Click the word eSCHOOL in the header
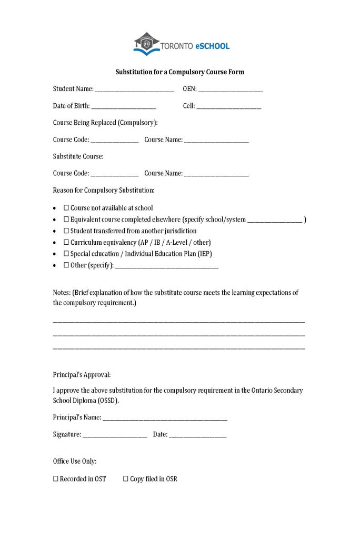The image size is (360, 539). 212,46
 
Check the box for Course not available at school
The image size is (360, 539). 66,208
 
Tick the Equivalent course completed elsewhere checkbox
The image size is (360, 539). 66,219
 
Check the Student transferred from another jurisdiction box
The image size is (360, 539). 66,231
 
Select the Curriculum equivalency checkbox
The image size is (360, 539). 66,243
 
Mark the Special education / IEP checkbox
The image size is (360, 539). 66,254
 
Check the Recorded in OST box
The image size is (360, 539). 56,479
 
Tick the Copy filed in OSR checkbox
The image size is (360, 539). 126,479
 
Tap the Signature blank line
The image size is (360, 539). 115,435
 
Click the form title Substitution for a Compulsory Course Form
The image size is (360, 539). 180,72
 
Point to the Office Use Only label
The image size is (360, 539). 75,462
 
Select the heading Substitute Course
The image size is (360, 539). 78,156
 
